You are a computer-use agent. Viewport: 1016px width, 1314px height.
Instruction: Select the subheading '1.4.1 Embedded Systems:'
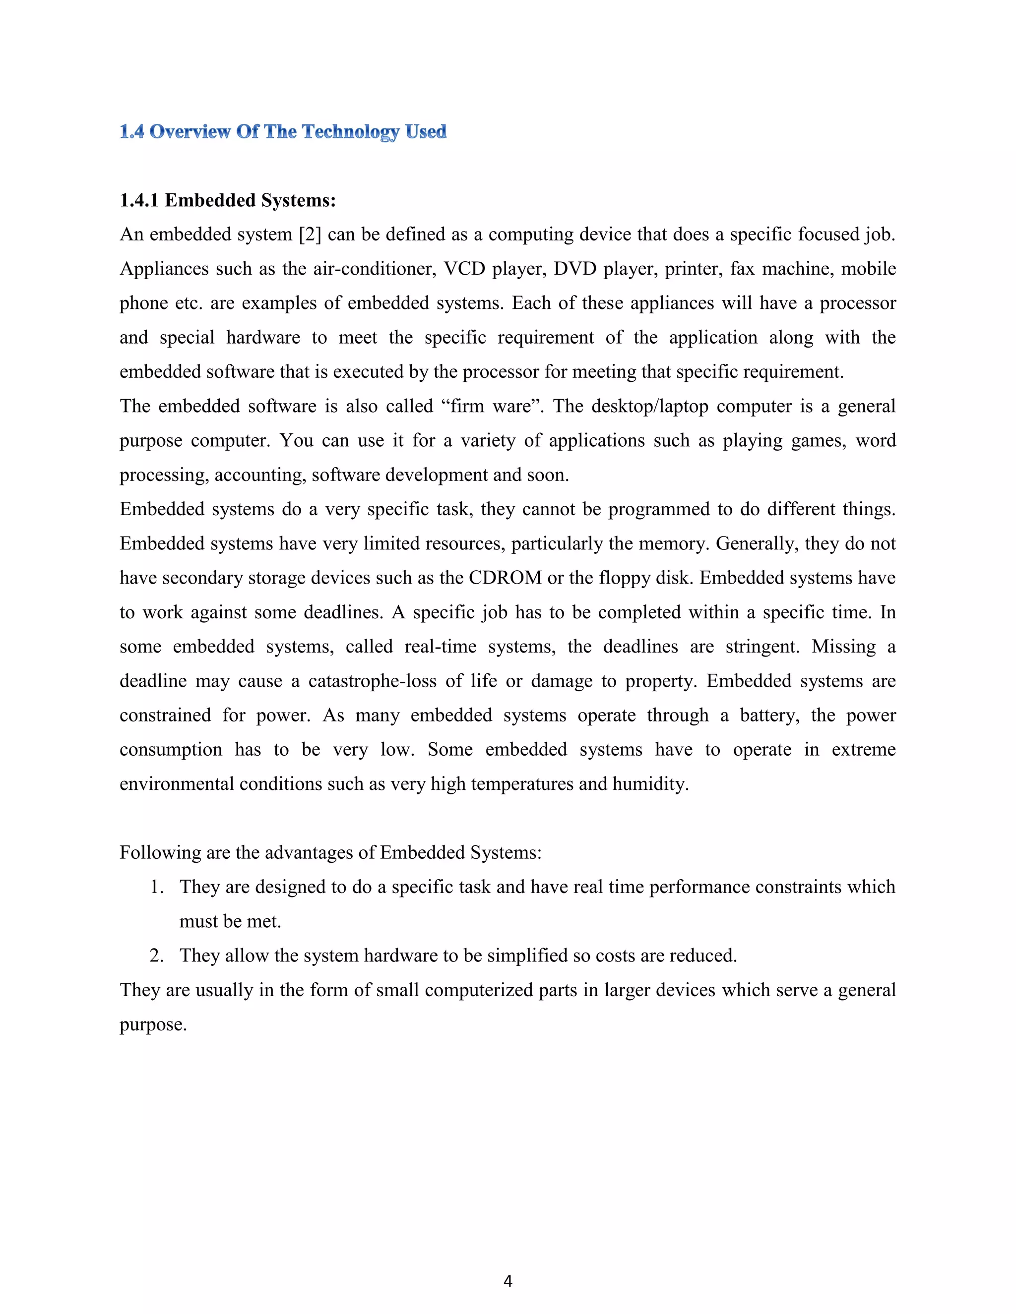click(228, 200)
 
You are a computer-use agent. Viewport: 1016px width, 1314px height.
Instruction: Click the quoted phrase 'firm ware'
click(491, 406)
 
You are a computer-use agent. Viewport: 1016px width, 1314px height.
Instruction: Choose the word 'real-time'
click(440, 647)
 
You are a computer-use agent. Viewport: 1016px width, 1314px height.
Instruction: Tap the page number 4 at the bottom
click(508, 1281)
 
